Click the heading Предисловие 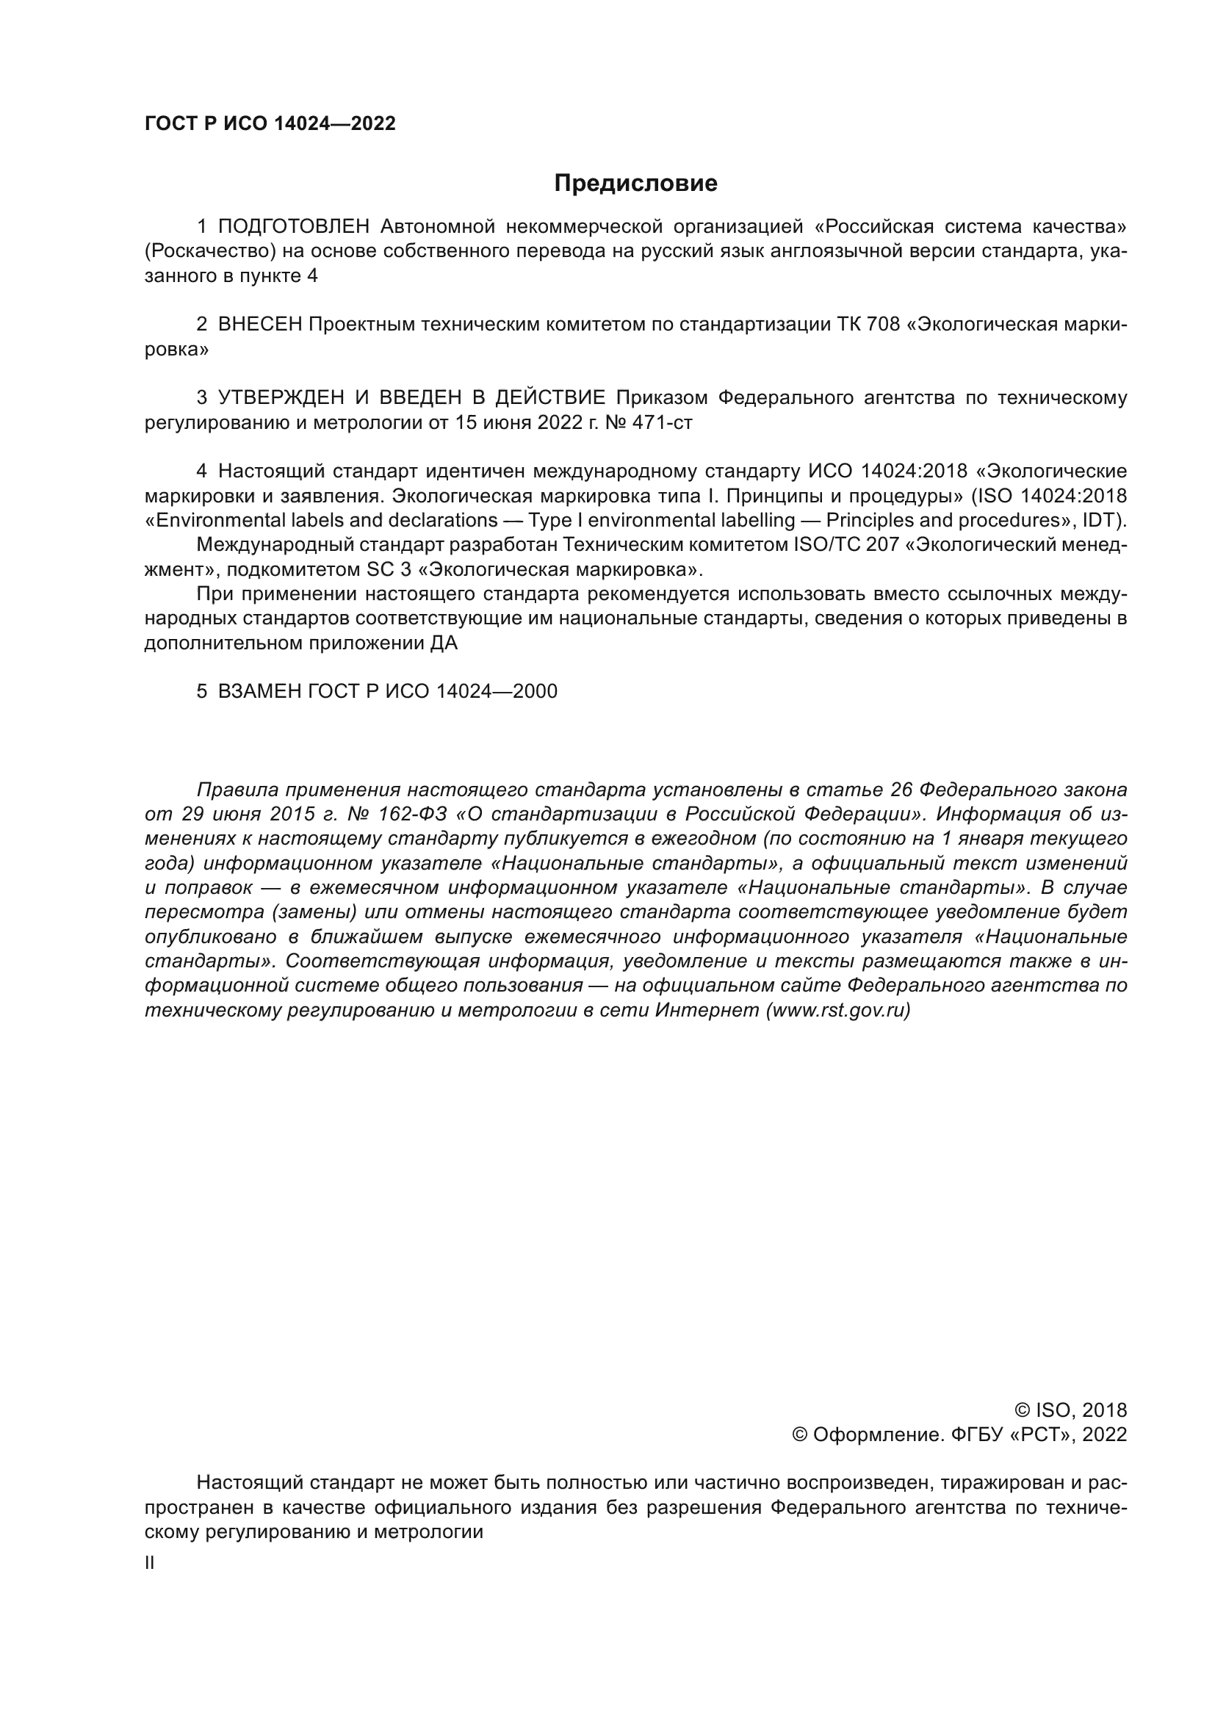tap(635, 184)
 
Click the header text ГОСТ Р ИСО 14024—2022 tap(270, 124)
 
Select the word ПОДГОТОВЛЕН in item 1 tap(294, 226)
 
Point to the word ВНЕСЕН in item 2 tap(260, 325)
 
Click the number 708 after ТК tap(883, 325)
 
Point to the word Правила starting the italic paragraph tap(237, 790)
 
